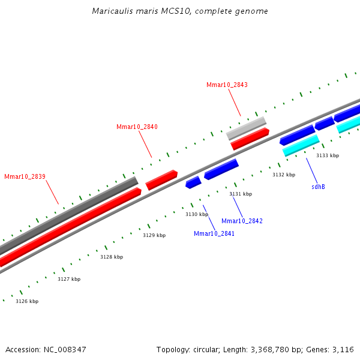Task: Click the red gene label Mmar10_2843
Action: click(x=227, y=85)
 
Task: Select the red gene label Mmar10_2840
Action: click(x=137, y=127)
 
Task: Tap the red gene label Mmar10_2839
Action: click(x=25, y=176)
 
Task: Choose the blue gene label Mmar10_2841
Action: click(x=214, y=233)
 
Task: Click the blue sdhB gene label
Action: click(x=318, y=187)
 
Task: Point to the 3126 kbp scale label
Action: click(x=27, y=301)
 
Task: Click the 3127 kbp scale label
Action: click(x=69, y=279)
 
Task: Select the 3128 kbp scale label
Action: click(x=112, y=257)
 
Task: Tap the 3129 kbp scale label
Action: click(x=154, y=235)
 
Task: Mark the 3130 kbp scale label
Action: click(x=197, y=214)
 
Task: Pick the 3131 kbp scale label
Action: click(x=241, y=194)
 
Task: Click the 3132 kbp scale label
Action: click(x=284, y=175)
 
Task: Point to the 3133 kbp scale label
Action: click(x=328, y=155)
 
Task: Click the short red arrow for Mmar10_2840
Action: click(x=161, y=180)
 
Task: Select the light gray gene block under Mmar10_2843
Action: click(x=246, y=128)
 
